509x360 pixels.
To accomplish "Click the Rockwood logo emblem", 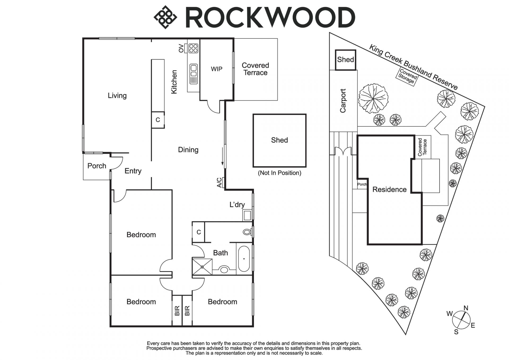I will point(165,17).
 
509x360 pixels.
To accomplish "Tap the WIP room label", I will point(217,69).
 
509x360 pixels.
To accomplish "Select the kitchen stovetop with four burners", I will point(193,48).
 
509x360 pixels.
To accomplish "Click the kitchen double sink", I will point(194,70).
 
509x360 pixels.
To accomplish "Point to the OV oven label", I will point(181,48).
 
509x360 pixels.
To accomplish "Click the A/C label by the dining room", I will point(220,183).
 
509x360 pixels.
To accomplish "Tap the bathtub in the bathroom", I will point(244,259).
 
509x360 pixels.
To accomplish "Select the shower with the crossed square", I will point(202,267).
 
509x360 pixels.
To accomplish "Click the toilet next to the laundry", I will point(247,232).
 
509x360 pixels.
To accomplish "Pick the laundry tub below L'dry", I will point(247,215).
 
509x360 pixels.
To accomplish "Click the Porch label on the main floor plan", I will point(97,166).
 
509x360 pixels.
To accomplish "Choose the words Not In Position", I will point(279,173).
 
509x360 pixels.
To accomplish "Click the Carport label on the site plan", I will point(343,101).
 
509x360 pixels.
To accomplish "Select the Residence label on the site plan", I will point(389,190).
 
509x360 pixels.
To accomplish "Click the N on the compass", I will point(466,308).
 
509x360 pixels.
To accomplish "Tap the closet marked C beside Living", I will point(158,120).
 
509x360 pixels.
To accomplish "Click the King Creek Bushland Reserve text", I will point(413,67).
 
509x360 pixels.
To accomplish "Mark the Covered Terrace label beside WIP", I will point(255,69).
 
